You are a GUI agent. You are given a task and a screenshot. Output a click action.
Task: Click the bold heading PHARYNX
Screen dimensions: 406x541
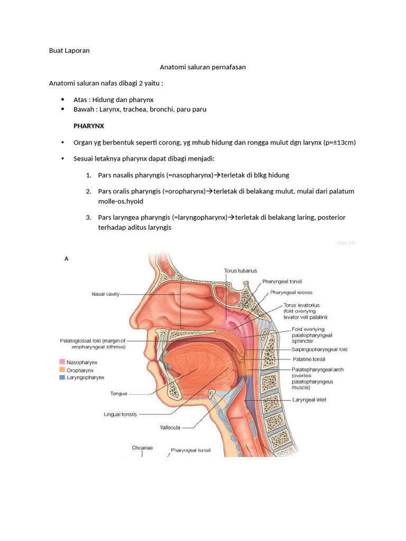88,126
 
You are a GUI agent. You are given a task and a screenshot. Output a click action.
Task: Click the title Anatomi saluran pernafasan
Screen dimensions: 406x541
202,67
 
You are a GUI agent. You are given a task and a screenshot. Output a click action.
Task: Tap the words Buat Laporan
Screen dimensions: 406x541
69,51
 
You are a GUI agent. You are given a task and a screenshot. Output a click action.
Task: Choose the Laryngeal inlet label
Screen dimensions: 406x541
309,400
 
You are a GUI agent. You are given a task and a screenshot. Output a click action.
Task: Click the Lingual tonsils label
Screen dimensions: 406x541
120,415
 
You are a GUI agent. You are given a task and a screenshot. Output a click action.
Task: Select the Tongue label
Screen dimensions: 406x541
118,393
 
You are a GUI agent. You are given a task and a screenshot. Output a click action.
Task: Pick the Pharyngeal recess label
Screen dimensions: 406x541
291,292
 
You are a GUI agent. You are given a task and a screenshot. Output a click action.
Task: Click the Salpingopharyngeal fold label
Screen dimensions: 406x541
320,350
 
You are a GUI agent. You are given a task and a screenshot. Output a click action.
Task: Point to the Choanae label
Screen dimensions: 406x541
142,447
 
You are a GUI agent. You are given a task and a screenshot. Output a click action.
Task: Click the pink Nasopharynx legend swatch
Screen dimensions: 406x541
62,362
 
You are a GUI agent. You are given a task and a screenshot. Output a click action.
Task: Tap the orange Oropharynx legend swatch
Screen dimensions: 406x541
62,370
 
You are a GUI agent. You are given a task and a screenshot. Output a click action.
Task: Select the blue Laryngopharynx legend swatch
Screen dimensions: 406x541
62,378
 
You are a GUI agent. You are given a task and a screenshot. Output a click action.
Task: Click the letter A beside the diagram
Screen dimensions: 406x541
67,259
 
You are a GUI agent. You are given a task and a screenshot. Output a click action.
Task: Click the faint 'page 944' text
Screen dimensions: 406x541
346,243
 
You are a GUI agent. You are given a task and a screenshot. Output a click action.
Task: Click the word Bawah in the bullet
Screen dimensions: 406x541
83,109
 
